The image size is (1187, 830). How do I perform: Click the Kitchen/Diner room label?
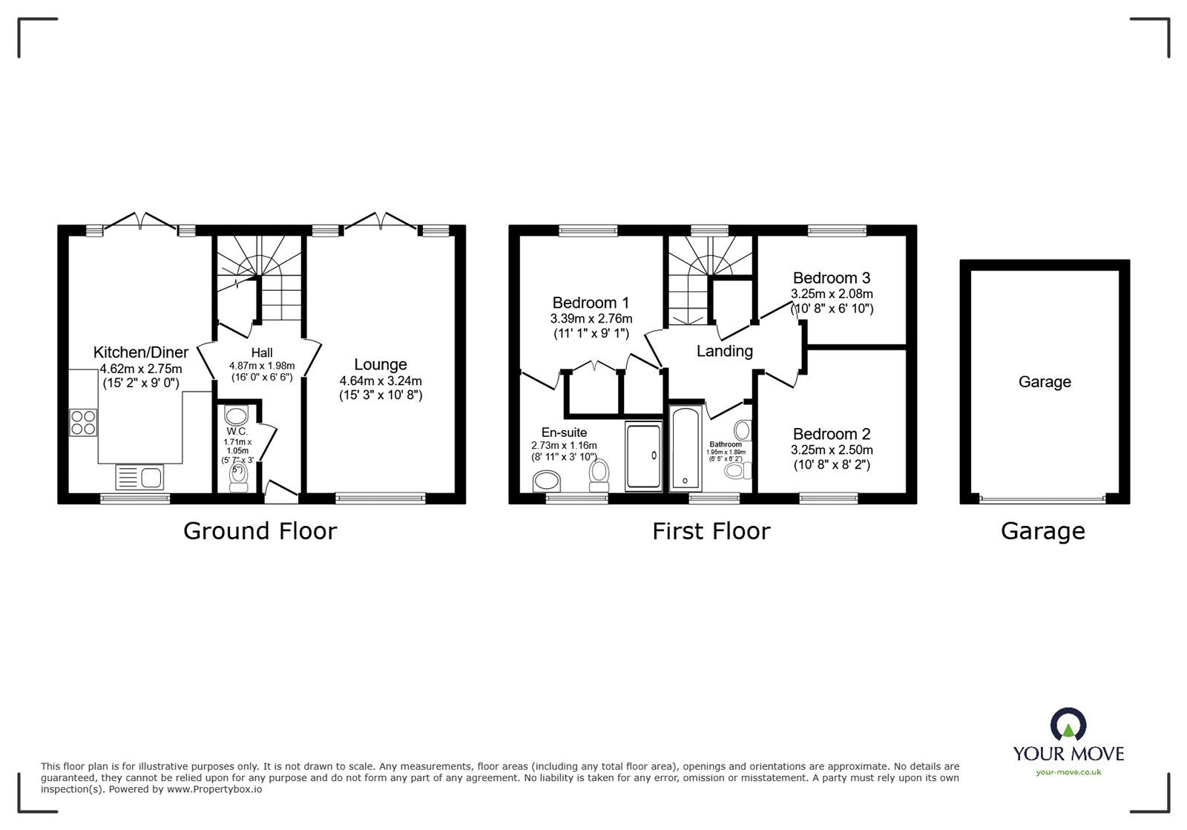[x=141, y=352]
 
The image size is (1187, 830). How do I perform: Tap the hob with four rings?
[x=84, y=422]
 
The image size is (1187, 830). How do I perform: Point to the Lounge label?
[x=381, y=364]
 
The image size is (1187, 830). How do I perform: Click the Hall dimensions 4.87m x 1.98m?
[x=262, y=366]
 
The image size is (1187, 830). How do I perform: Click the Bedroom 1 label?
[x=591, y=303]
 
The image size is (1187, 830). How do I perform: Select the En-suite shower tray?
[x=642, y=456]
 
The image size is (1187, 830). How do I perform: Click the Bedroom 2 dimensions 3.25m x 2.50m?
[x=832, y=450]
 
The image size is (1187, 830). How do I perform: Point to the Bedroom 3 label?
[x=832, y=278]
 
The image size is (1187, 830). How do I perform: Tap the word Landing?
[x=725, y=351]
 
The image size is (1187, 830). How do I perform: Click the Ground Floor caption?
[x=260, y=531]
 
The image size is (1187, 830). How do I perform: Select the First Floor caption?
[x=711, y=531]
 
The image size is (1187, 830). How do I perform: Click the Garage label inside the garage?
[x=1045, y=382]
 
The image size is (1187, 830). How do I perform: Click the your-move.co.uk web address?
[x=1068, y=772]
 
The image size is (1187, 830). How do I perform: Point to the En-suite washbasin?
[x=548, y=482]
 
